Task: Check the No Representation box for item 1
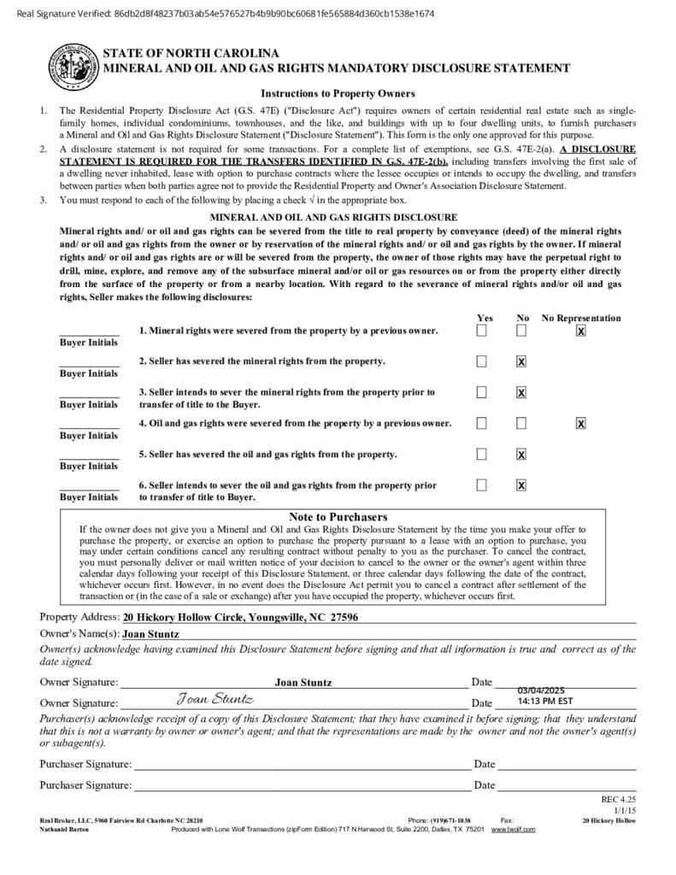[581, 331]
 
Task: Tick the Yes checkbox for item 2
[482, 361]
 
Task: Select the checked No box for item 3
[521, 393]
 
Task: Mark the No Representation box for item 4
[581, 423]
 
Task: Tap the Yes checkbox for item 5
[482, 455]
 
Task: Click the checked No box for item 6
[521, 485]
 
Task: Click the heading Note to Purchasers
[338, 517]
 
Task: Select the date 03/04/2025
[541, 690]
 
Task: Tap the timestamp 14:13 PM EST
[545, 701]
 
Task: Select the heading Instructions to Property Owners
[338, 93]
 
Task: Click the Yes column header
[484, 318]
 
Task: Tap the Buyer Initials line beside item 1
[89, 332]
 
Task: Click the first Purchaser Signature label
[85, 764]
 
